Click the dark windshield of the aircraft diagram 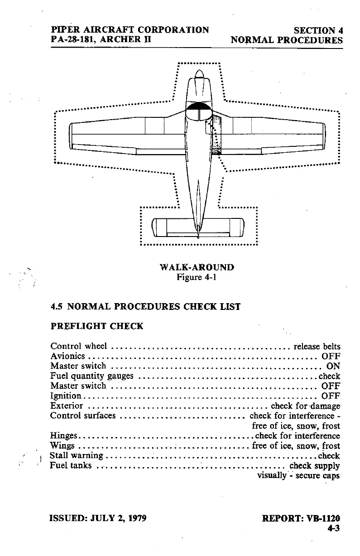pyautogui.click(x=199, y=106)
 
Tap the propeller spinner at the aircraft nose pyautogui.click(x=199, y=74)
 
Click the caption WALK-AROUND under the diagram pyautogui.click(x=197, y=267)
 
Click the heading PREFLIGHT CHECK pyautogui.click(x=97, y=326)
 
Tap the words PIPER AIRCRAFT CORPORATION pyautogui.click(x=130, y=30)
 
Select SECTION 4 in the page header pyautogui.click(x=318, y=31)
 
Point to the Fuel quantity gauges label pyautogui.click(x=92, y=376)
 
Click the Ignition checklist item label pyautogui.click(x=66, y=396)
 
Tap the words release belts pyautogui.click(x=317, y=347)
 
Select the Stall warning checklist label pyautogui.click(x=77, y=456)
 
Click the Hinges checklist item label pyautogui.click(x=64, y=436)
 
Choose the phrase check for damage pyautogui.click(x=305, y=406)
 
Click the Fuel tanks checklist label pyautogui.click(x=71, y=466)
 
